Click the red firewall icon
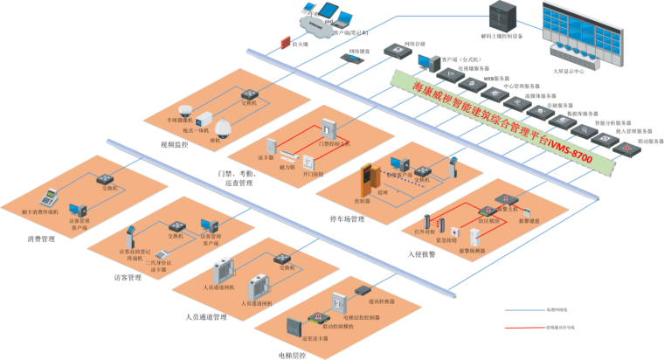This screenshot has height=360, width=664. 285,42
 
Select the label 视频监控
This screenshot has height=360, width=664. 175,144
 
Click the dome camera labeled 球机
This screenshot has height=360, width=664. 224,128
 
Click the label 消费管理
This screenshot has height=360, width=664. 41,238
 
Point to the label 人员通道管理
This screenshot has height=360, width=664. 206,316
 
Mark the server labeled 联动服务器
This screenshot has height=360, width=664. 626,147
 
